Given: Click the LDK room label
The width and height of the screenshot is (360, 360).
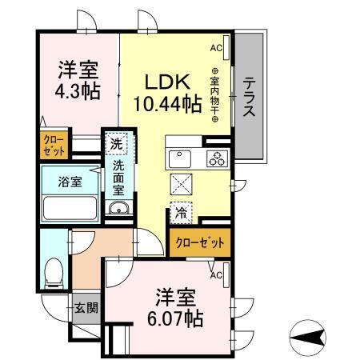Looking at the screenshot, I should pyautogui.click(x=166, y=82).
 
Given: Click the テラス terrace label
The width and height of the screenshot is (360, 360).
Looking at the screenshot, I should pyautogui.click(x=250, y=97).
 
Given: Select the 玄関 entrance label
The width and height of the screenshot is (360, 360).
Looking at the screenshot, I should pyautogui.click(x=86, y=306).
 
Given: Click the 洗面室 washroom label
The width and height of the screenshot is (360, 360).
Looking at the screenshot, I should pyautogui.click(x=118, y=177).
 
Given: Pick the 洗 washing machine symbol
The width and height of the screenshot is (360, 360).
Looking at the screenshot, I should pyautogui.click(x=117, y=145).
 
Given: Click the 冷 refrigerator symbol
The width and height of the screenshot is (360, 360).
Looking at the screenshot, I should pyautogui.click(x=181, y=214).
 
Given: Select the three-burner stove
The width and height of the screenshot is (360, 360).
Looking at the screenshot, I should pyautogui.click(x=216, y=158).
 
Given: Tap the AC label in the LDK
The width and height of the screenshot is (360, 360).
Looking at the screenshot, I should pyautogui.click(x=215, y=49).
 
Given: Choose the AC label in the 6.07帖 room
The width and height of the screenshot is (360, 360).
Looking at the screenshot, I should pyautogui.click(x=215, y=275).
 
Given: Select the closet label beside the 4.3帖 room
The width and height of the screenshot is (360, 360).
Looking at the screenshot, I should pyautogui.click(x=55, y=146).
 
